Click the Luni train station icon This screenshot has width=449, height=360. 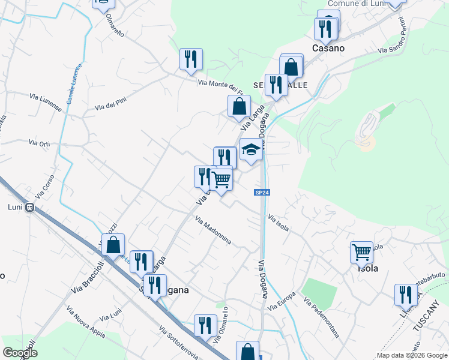(x=29, y=208)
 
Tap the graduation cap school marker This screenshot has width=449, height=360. (x=251, y=150)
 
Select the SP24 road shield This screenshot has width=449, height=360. (x=261, y=193)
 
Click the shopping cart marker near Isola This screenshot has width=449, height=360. (x=361, y=252)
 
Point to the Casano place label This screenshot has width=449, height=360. (x=328, y=47)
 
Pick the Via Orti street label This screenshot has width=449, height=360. (x=40, y=143)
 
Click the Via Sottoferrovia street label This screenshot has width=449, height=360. (x=178, y=342)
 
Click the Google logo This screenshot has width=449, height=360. (x=20, y=353)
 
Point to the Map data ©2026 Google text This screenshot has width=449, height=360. (x=411, y=355)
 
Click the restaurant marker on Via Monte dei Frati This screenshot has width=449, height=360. (x=191, y=59)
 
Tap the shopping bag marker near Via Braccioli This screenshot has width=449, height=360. (x=113, y=245)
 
